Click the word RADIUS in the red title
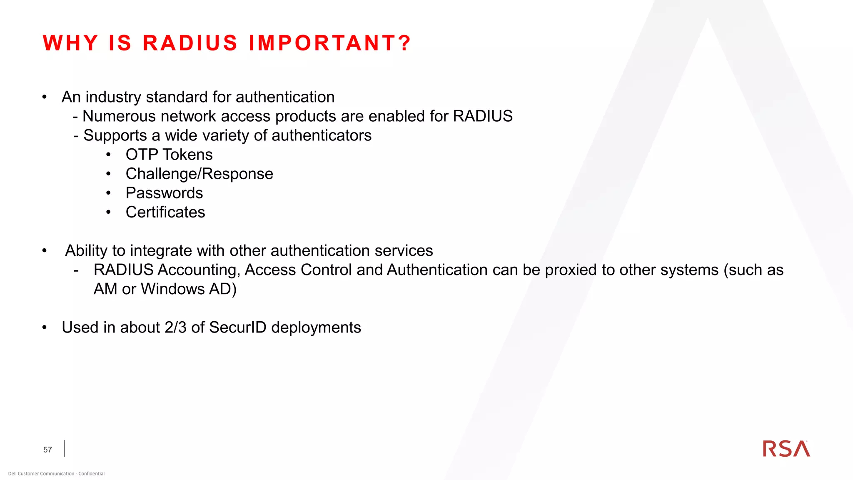tap(190, 43)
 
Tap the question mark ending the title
tap(404, 43)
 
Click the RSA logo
tap(786, 449)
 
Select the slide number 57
tap(47, 450)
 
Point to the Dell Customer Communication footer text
tap(56, 473)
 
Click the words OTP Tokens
tap(169, 155)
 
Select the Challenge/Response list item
tap(199, 174)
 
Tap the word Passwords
tap(164, 193)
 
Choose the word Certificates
tap(165, 212)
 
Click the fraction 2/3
tap(175, 327)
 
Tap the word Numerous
tap(119, 116)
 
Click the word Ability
tap(87, 251)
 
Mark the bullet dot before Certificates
tap(108, 212)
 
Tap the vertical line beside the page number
tap(64, 448)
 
